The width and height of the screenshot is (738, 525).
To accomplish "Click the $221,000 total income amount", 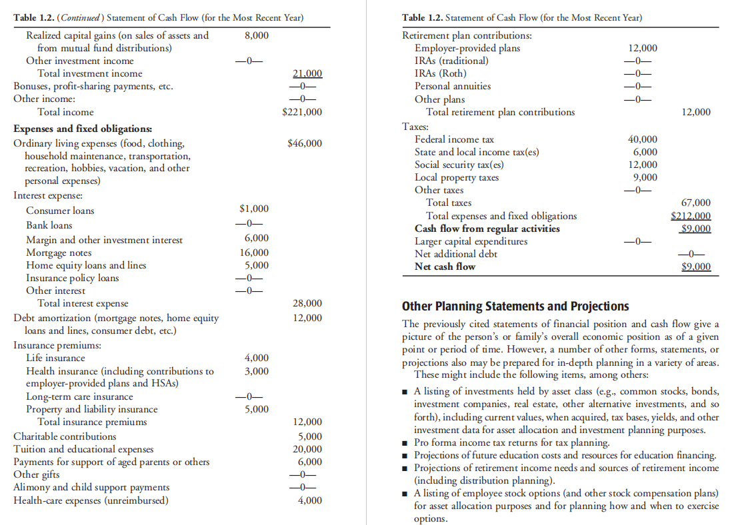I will [303, 112].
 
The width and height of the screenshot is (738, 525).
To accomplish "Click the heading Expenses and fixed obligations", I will [83, 129].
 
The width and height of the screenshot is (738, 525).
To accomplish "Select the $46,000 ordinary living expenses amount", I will [304, 143].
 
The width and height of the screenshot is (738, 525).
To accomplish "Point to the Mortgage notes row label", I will [59, 253].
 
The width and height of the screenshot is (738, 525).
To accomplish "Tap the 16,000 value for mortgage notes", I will [255, 253].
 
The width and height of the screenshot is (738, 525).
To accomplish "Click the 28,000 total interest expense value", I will [307, 303].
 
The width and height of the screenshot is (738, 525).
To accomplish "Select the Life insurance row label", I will [55, 358].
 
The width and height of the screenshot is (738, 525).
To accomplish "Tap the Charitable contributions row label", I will [65, 436].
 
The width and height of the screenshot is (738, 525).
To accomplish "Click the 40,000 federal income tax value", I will [643, 139].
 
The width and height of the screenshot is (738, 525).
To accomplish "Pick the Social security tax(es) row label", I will [459, 165].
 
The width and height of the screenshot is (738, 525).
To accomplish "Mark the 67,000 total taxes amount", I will [696, 203].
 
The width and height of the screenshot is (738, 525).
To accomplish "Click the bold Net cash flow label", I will [445, 266].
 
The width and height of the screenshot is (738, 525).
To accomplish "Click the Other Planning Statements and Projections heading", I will [515, 306].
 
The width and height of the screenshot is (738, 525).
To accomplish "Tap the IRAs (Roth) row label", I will [441, 73].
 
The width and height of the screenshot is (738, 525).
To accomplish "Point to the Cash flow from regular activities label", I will [487, 229].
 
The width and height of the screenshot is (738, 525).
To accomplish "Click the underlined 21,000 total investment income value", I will [307, 73].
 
